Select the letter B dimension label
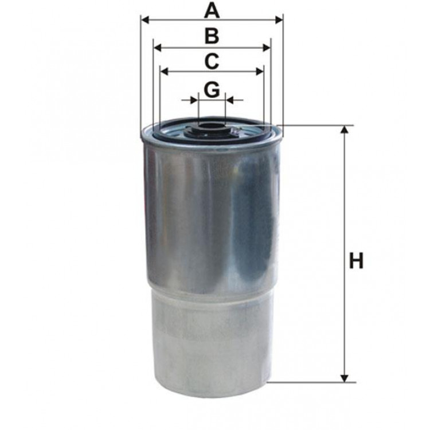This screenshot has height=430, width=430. click(x=212, y=36)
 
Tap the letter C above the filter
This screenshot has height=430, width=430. click(x=212, y=60)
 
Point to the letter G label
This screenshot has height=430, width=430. click(x=212, y=89)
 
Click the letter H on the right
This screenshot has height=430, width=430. click(x=357, y=261)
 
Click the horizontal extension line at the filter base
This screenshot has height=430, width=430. click(x=310, y=382)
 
